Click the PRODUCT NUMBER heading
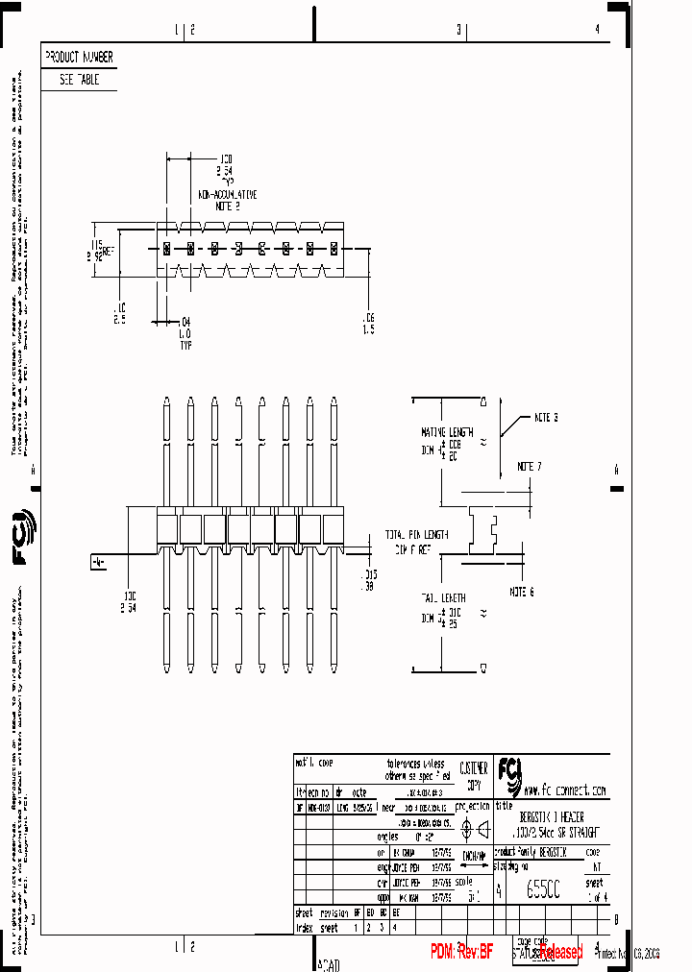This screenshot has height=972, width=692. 79,58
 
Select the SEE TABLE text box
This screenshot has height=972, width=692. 79,81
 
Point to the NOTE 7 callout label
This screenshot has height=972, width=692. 529,466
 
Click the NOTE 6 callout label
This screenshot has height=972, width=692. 520,592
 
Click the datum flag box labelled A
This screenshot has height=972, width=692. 97,562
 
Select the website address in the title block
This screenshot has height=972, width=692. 565,790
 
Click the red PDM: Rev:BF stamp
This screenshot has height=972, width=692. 462,951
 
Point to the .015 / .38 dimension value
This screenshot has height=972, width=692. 367,579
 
